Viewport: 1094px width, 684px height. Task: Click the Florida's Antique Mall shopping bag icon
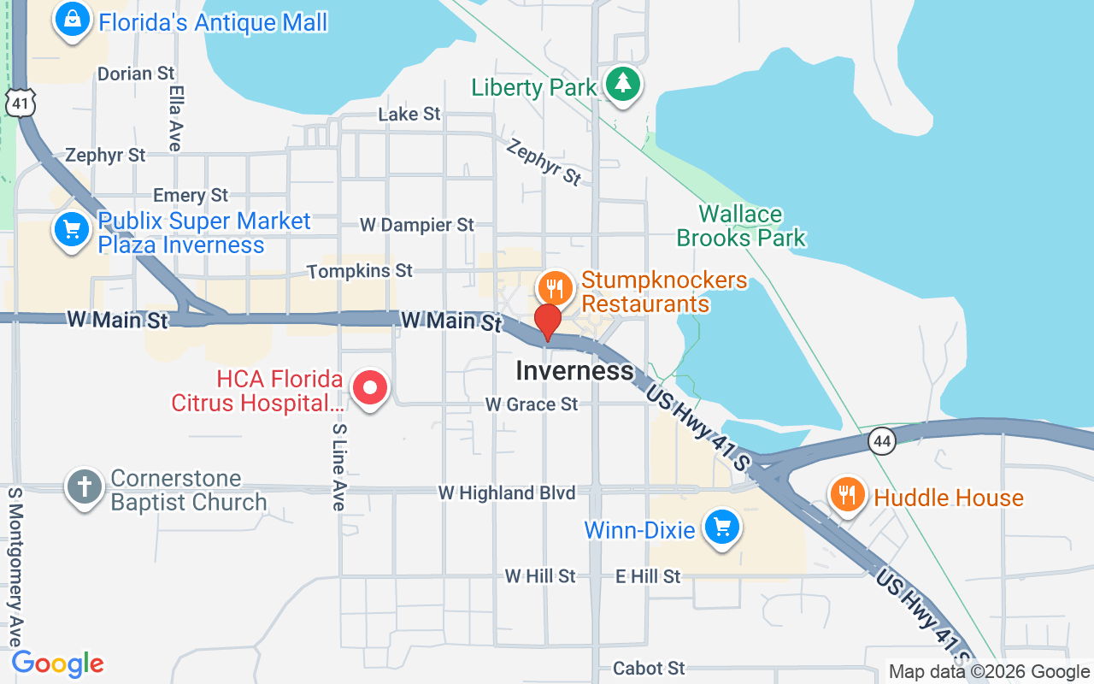[x=73, y=19]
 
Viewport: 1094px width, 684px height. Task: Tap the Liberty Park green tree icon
[x=624, y=84]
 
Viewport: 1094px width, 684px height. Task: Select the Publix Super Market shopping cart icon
[x=72, y=230]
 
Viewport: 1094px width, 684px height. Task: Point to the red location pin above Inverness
[x=547, y=323]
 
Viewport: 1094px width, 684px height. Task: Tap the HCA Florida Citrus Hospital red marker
[x=370, y=389]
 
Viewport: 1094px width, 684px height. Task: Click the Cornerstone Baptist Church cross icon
[x=85, y=487]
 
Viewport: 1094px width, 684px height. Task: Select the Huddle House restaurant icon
[x=847, y=495]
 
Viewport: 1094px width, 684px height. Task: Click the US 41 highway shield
[x=18, y=102]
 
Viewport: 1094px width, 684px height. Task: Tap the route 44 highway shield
[x=883, y=441]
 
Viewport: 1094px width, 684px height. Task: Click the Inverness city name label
[x=574, y=371]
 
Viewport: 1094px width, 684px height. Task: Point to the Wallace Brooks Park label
[x=741, y=226]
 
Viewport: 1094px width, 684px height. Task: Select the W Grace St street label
[x=531, y=404]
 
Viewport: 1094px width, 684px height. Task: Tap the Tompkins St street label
[x=359, y=271]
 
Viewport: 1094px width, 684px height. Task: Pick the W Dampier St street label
[x=416, y=225]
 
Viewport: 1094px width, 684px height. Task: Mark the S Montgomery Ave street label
[x=15, y=568]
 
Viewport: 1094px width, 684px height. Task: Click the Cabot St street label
[x=649, y=668]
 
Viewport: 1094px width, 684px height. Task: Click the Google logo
[x=58, y=663]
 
